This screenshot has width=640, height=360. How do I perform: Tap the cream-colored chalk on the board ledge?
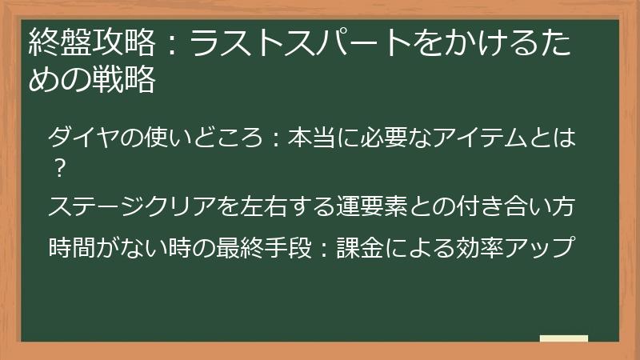(x=563, y=339)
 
